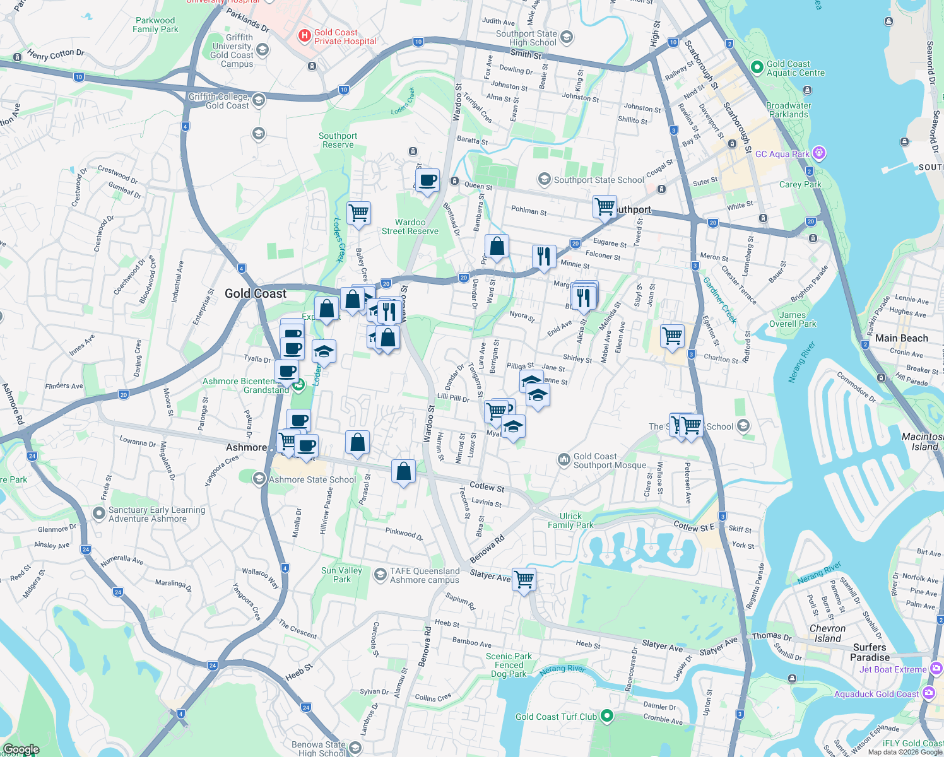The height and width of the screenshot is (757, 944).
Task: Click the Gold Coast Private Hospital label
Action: [345, 37]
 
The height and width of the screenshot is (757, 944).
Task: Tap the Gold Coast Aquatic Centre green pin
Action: [757, 67]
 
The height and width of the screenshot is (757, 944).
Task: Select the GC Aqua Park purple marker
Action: [819, 153]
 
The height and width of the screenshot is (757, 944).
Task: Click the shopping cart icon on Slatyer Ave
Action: [524, 578]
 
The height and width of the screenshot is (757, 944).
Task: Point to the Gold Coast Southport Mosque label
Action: [610, 461]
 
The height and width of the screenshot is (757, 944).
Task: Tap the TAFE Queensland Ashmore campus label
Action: [425, 575]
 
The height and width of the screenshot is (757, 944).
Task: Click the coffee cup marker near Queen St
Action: [427, 180]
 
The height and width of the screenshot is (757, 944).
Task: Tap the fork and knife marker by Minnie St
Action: [543, 256]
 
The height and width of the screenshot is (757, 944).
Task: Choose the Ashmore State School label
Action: [312, 479]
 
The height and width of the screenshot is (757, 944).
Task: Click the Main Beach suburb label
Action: [902, 338]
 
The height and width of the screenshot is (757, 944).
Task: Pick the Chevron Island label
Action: [827, 633]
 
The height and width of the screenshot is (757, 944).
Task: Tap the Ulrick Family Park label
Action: [570, 520]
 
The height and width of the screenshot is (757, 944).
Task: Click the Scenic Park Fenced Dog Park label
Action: [509, 665]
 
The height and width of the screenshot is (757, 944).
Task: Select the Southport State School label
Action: [599, 180]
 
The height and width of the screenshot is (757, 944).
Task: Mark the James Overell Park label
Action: [793, 319]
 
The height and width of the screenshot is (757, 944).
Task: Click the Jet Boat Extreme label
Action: [893, 669]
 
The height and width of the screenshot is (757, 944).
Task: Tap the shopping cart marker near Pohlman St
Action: [605, 206]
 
